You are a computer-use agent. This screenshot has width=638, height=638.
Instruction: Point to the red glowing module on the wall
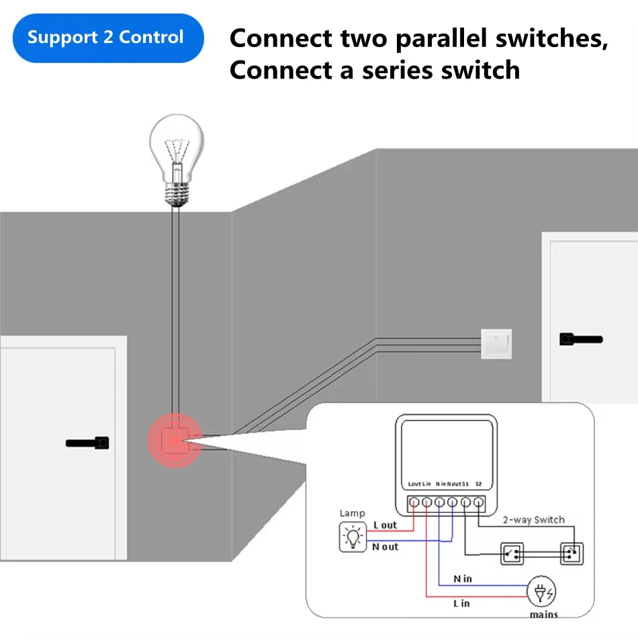(174, 441)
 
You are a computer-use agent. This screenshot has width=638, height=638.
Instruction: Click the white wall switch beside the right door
(496, 343)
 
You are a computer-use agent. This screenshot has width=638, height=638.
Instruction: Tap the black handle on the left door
(88, 443)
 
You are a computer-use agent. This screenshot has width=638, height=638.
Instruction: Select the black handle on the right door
(580, 339)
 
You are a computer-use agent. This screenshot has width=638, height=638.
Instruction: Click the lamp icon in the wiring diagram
(352, 537)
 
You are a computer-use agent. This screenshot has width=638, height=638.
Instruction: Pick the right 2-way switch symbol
(572, 554)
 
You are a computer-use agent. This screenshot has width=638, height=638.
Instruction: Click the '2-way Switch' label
(534, 520)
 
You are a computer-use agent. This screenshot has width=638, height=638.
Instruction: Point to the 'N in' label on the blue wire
(462, 578)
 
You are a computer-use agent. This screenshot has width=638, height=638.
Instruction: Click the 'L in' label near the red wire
(461, 603)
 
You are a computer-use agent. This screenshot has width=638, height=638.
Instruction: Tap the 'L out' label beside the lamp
(385, 525)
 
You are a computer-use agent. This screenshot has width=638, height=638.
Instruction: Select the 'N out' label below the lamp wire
(385, 547)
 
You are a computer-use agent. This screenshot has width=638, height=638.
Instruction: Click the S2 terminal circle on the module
(478, 502)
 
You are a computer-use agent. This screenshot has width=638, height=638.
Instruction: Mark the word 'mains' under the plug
(543, 614)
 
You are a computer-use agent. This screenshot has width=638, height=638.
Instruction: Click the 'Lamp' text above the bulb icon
(352, 513)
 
